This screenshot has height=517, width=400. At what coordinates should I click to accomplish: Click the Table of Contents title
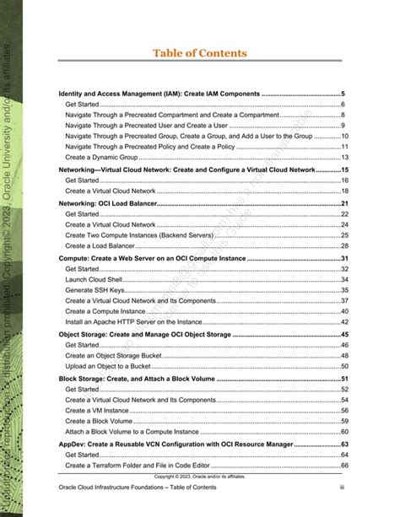tap(200, 53)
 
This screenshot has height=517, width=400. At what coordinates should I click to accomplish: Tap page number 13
tap(345, 157)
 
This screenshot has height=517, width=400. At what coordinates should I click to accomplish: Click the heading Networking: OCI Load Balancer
tap(108, 203)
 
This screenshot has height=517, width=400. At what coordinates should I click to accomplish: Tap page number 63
tap(345, 443)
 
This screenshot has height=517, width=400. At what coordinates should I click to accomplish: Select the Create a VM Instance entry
tap(100, 410)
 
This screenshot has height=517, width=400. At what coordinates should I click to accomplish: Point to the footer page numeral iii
tap(343, 488)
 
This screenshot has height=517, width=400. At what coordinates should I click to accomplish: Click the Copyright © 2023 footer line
tap(200, 477)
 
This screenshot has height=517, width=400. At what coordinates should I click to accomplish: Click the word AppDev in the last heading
tap(72, 443)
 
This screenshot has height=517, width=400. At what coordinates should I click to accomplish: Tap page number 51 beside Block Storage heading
tap(345, 379)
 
